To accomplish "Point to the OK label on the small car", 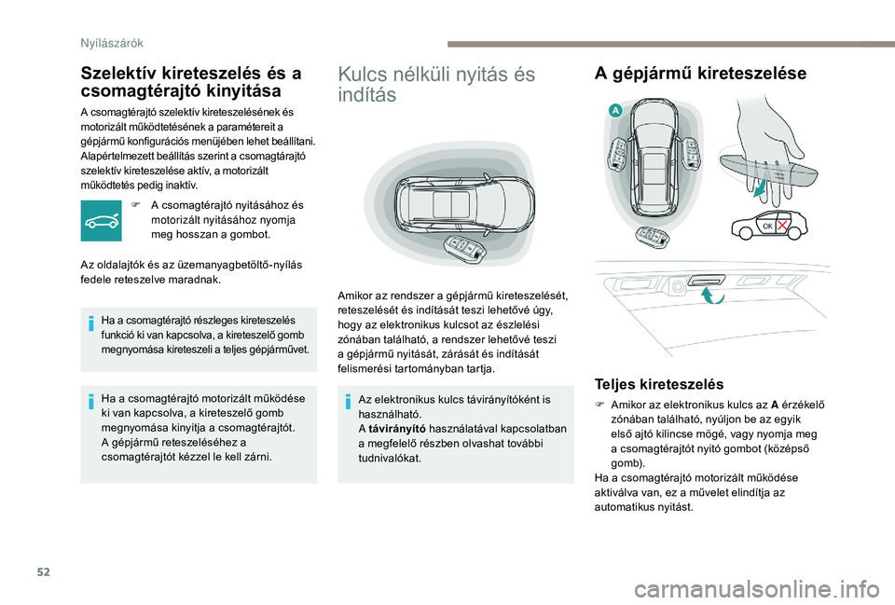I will click(768, 227).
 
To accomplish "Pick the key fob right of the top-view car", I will click(692, 156).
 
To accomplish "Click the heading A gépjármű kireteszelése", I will click(700, 74).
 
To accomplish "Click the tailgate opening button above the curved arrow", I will click(709, 277).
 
